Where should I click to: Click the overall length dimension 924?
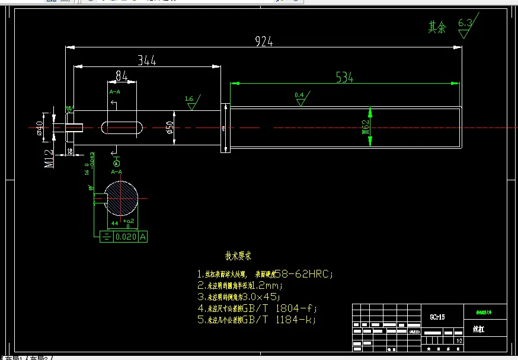264,41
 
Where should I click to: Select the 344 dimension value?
147,60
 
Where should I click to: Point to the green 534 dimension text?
344,77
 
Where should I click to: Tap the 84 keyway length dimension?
121,75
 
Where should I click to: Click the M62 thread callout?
365,127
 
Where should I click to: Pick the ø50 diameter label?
170,127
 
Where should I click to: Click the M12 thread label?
50,158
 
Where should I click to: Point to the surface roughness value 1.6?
189,98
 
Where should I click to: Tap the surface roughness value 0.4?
299,95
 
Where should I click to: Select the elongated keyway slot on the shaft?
122,128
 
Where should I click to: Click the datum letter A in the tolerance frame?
143,237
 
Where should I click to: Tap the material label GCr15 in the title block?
437,317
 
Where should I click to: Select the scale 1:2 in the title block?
458,341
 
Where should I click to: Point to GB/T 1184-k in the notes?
278,320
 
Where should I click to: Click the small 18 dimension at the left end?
69,152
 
